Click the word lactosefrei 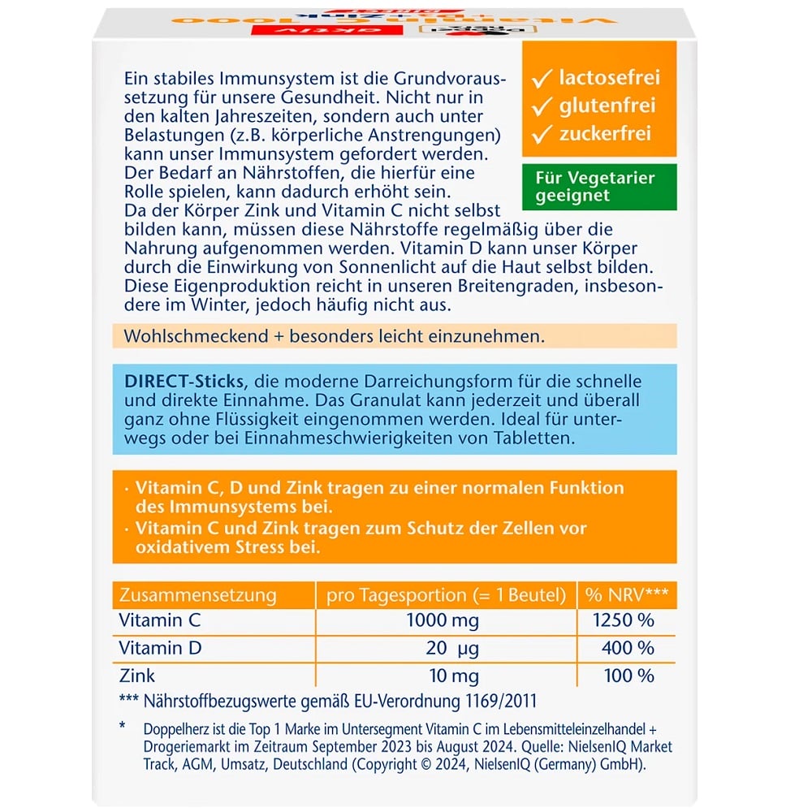point(609,78)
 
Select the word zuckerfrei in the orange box point(605,133)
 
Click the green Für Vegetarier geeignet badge point(598,186)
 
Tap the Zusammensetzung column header point(197,595)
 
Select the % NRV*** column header point(627,595)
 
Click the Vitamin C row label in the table point(159,621)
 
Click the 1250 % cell point(623,621)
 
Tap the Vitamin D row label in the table point(160,648)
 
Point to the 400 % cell point(628,649)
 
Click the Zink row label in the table point(136,676)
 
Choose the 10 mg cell point(447,676)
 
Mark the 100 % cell point(628,676)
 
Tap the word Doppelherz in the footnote point(179,728)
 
